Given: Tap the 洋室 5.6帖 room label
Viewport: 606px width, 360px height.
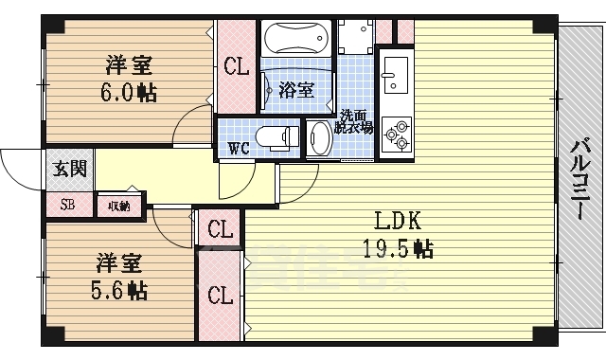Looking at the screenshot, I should click(x=119, y=274).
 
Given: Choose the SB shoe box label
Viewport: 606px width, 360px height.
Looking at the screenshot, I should click(x=68, y=205).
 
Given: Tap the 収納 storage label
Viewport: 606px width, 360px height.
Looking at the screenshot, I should click(x=118, y=205).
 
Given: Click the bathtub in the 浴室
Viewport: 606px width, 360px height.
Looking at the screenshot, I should click(x=296, y=39).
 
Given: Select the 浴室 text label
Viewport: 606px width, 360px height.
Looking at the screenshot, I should click(x=296, y=91).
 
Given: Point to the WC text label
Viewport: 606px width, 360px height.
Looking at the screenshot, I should click(x=237, y=148).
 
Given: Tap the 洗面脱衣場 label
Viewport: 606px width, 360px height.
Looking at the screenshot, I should click(x=354, y=119).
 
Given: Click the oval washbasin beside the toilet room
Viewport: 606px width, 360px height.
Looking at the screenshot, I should click(x=318, y=139).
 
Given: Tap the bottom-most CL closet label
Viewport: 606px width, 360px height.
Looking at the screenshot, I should click(x=221, y=295).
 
